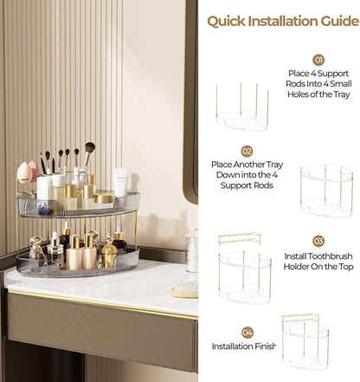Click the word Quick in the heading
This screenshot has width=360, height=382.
point(227,20)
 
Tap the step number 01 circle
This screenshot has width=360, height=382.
point(318,60)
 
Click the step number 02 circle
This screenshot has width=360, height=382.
point(247,150)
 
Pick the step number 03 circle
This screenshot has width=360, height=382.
point(318,241)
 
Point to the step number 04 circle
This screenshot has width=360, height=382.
point(247,332)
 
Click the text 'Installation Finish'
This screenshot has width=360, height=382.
point(244,346)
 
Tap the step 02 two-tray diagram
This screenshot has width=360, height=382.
point(326,191)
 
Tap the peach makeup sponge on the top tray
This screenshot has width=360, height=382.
point(25,172)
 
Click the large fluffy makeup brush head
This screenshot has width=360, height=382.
point(89,148)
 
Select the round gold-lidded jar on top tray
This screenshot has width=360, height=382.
point(104,200)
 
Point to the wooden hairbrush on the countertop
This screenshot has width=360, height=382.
point(183,290)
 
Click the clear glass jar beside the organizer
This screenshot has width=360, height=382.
point(192,252)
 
